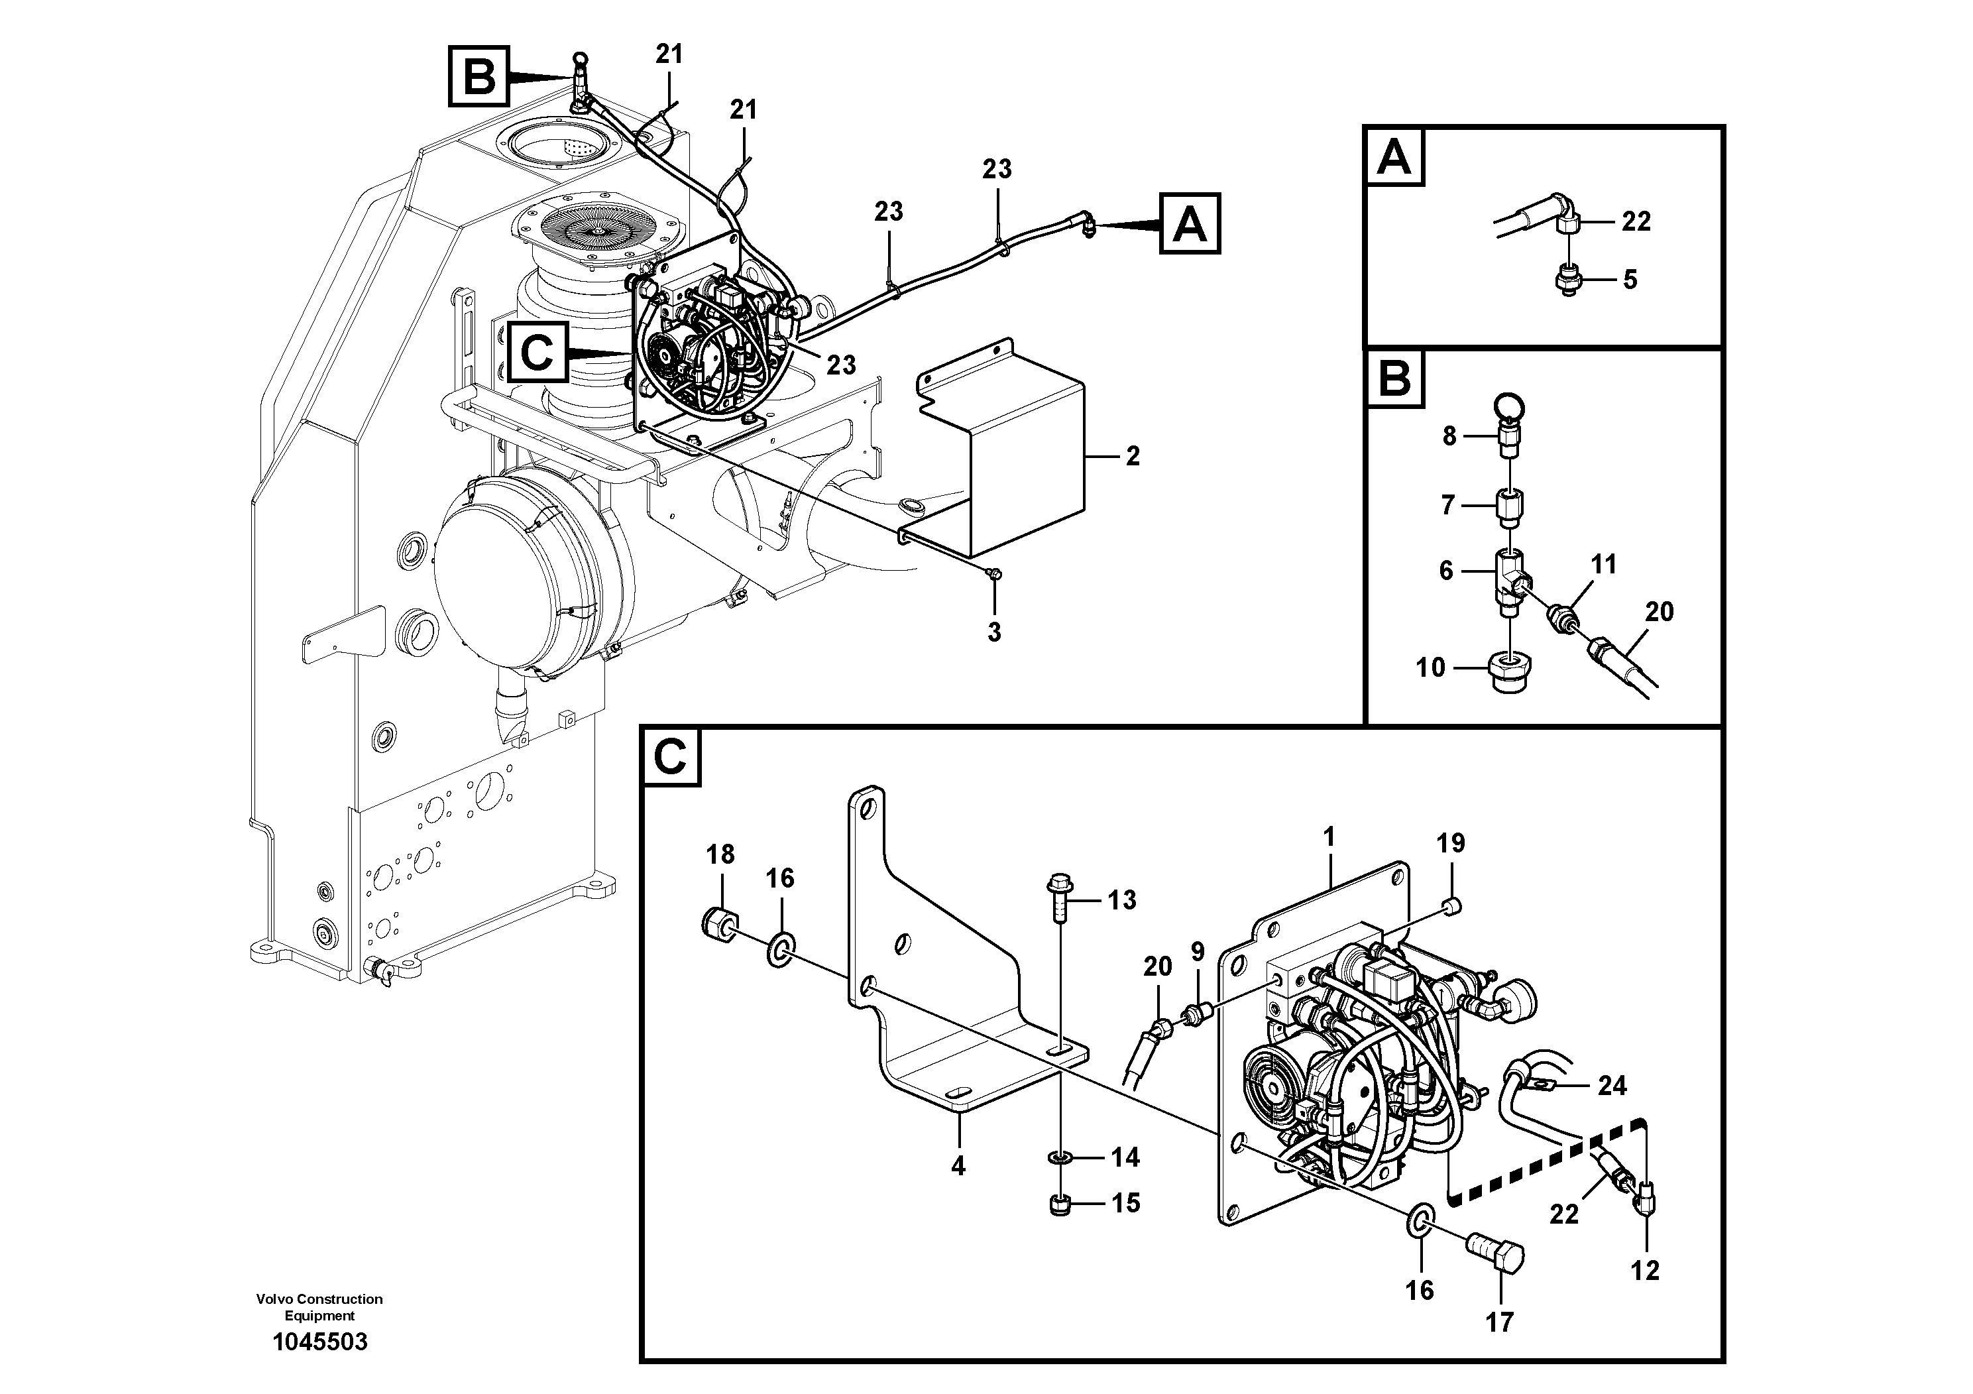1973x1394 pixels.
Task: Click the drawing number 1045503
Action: coord(319,1342)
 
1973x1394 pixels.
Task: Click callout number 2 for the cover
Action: coord(1133,456)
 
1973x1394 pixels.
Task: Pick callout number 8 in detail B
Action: coord(1449,437)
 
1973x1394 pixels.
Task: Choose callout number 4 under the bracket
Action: coord(958,1166)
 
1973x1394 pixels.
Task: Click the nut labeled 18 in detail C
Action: coord(720,925)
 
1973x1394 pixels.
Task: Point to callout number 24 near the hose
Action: coord(1612,1086)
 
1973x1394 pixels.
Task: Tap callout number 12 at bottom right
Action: coord(1645,1270)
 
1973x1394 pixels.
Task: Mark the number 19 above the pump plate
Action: coord(1451,843)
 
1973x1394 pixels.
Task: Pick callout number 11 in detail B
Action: coord(1603,565)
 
